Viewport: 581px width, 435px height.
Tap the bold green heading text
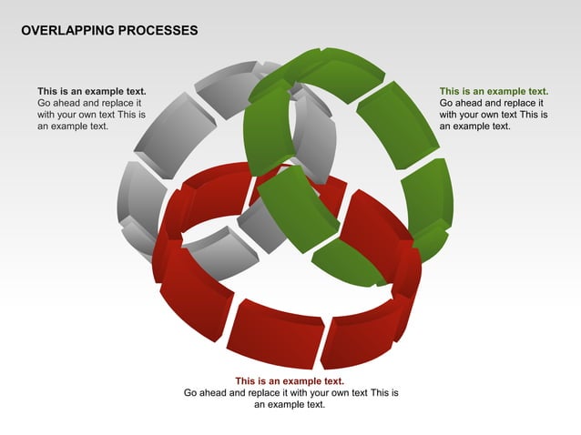pos(494,91)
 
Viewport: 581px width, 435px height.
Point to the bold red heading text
pos(290,380)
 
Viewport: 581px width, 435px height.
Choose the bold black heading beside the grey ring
pos(92,91)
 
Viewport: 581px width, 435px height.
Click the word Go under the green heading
pos(447,103)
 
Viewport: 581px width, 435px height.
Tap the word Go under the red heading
pos(191,392)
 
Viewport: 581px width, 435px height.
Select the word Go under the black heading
pos(45,103)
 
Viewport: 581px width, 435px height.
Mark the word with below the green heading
pos(449,115)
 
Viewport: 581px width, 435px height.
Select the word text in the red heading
pos(334,380)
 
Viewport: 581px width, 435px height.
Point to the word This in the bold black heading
pos(48,91)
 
